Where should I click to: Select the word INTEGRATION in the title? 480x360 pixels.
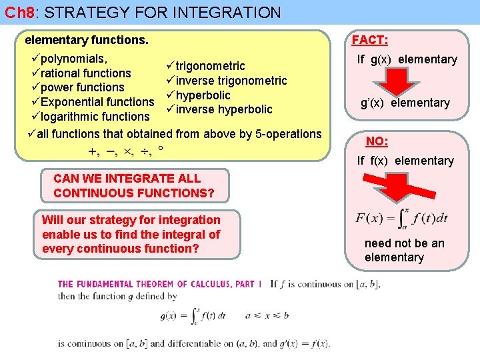[229, 12]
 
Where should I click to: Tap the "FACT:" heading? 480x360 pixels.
[370, 41]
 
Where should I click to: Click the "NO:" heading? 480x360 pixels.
[377, 141]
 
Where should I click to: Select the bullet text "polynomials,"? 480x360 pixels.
[73, 59]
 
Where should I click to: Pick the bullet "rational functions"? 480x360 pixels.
[85, 73]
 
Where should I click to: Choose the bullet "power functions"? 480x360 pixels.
[82, 87]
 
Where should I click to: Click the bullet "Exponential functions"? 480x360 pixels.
[97, 102]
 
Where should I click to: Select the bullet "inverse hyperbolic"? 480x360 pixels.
[224, 109]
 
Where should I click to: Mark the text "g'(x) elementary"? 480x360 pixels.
[405, 103]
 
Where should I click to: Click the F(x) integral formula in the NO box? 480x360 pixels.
[402, 217]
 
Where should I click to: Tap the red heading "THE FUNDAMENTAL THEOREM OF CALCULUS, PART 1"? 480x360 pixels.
[160, 284]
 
